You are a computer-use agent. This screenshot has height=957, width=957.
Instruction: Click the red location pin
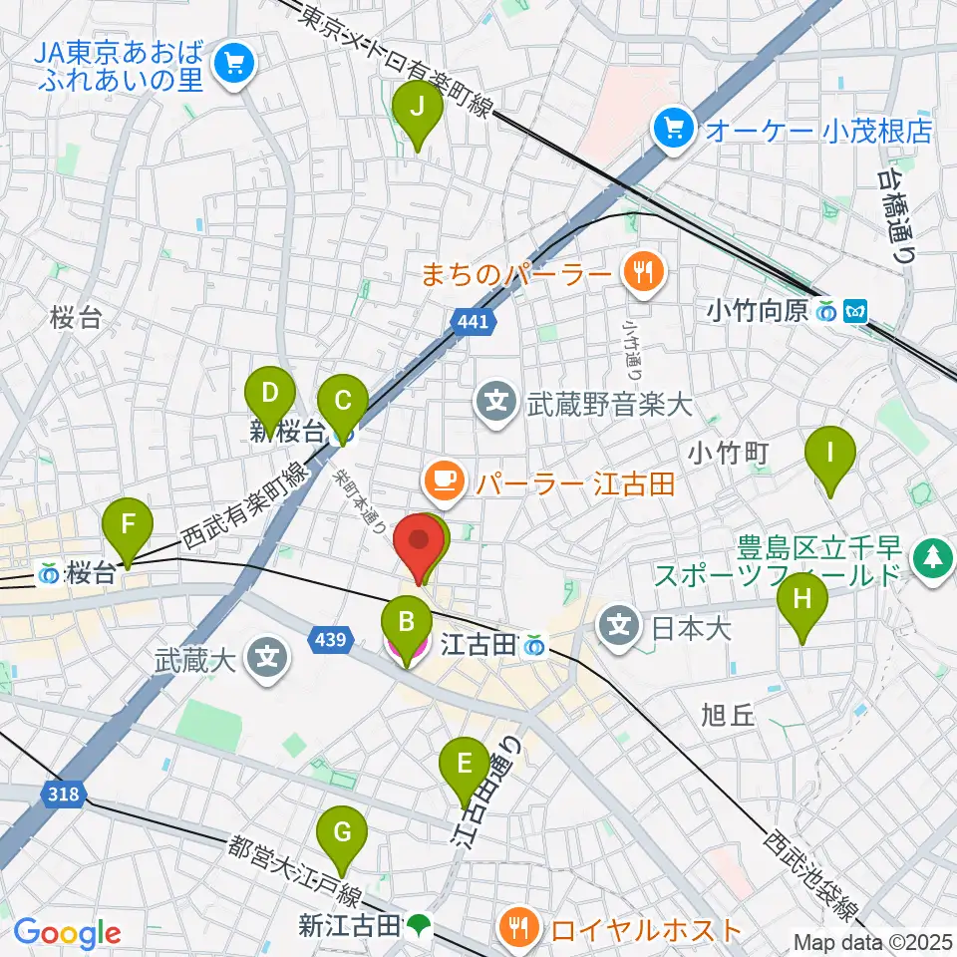coord(419,546)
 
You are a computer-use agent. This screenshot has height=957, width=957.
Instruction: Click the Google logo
coord(67,933)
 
